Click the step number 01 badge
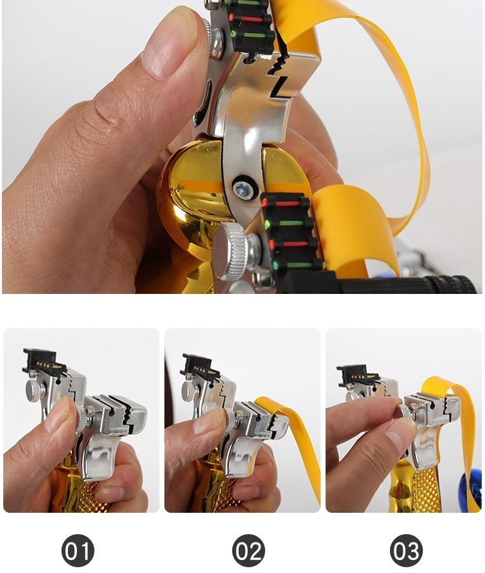pos(78,550)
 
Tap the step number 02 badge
pos(248,550)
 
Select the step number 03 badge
pos(406,550)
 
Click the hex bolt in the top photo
pos(243,188)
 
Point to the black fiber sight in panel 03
pos(357,375)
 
